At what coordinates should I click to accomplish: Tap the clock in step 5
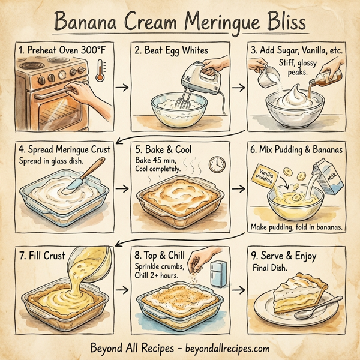[x=217, y=164]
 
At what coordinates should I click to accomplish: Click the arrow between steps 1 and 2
[x=121, y=88]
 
